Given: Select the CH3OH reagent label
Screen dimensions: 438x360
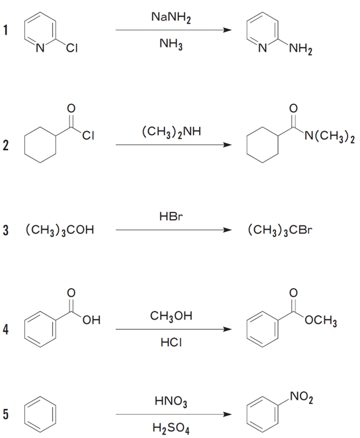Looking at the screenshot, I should pyautogui.click(x=170, y=316).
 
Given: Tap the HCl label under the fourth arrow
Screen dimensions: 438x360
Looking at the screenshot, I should pyautogui.click(x=170, y=343).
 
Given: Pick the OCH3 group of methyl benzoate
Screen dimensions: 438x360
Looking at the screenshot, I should pyautogui.click(x=320, y=322).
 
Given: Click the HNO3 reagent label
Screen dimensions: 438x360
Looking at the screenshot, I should pyautogui.click(x=170, y=401).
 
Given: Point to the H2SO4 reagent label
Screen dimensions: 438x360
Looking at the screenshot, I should pyautogui.click(x=170, y=428).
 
